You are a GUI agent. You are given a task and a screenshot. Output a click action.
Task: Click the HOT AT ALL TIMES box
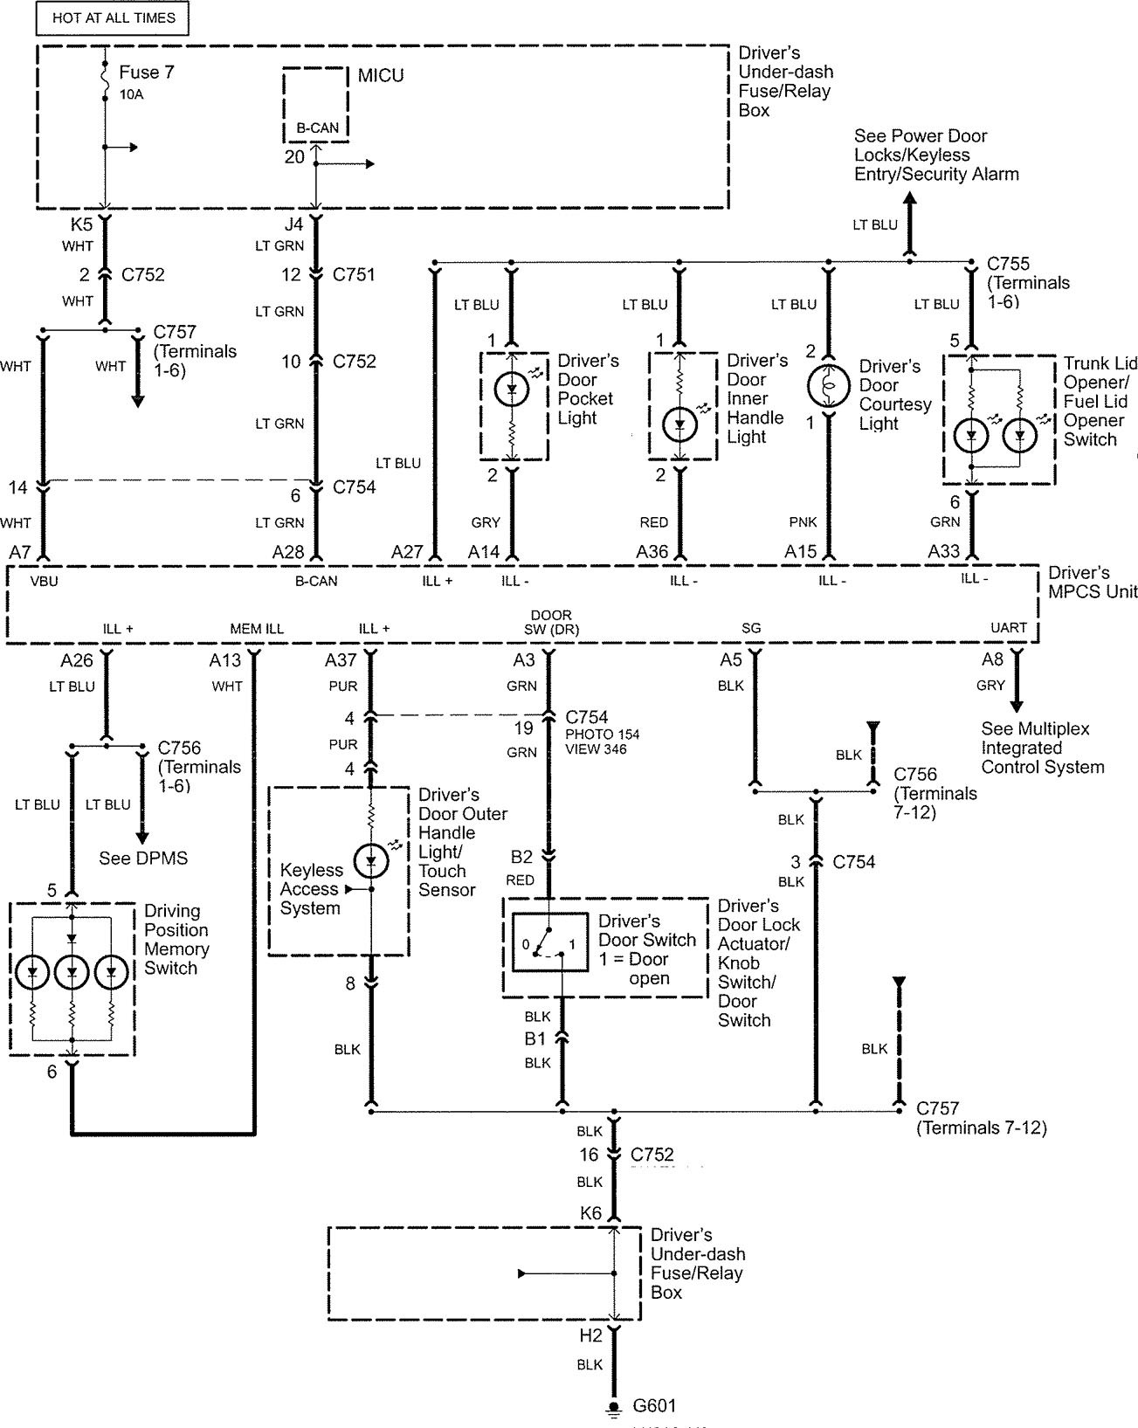click(112, 18)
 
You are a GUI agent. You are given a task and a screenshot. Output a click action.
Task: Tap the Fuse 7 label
click(147, 72)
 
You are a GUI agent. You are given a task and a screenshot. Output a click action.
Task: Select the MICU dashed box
click(316, 105)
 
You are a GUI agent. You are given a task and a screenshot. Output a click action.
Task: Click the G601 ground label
click(654, 1405)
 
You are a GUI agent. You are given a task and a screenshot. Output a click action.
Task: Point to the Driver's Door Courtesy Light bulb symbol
click(828, 385)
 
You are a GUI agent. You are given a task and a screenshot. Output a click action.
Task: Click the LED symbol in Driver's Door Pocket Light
click(512, 389)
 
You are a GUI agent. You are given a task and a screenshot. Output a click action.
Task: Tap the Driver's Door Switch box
click(550, 942)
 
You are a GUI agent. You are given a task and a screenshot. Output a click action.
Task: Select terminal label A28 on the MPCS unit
click(288, 552)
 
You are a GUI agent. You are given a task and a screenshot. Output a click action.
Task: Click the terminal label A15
click(800, 552)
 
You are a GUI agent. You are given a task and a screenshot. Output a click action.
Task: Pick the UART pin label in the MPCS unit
click(1009, 628)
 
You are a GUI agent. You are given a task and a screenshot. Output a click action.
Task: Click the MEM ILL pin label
click(257, 629)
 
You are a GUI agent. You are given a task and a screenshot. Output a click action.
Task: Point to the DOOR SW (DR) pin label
click(551, 623)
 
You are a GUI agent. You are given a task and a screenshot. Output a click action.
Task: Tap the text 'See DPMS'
click(143, 858)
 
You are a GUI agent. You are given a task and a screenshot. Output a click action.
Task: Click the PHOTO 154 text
click(603, 735)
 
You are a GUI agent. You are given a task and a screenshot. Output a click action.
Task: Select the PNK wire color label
click(803, 522)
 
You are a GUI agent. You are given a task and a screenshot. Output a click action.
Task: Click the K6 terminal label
click(590, 1214)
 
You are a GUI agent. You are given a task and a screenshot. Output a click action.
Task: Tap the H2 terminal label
click(590, 1335)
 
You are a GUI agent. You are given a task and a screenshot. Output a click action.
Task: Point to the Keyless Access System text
click(311, 889)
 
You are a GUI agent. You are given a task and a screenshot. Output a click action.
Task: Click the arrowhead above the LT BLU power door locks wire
click(910, 198)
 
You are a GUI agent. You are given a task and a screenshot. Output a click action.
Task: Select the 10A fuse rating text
click(131, 95)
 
